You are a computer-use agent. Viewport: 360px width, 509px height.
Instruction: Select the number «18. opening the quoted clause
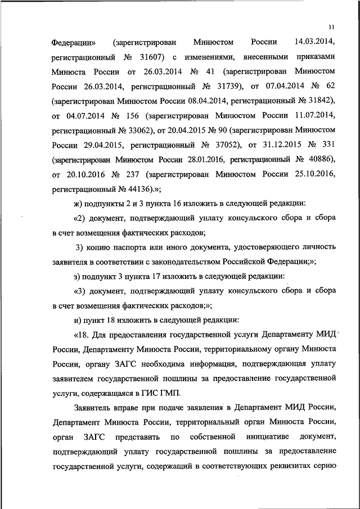click(x=83, y=335)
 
